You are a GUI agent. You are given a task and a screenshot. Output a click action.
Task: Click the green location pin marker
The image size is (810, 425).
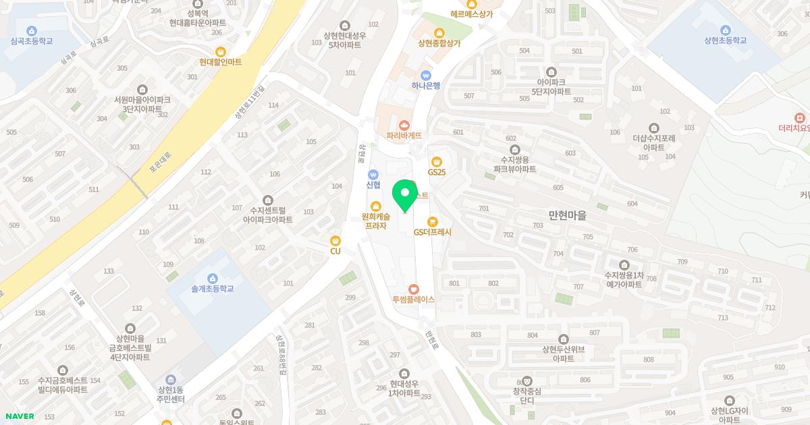[x=405, y=196]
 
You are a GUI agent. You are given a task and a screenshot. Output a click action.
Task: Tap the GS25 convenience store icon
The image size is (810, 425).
[x=437, y=161]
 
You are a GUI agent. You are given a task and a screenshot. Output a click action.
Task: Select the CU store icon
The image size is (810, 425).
[x=335, y=240]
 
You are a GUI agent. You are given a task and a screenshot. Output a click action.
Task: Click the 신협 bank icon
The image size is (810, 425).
[x=373, y=175]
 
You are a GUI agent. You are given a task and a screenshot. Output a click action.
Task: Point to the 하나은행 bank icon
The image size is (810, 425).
[x=425, y=75]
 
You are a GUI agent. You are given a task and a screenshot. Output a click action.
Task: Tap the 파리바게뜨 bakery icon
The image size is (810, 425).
[x=404, y=125]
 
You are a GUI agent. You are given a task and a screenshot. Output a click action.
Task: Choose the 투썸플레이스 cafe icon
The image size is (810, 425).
[x=414, y=288]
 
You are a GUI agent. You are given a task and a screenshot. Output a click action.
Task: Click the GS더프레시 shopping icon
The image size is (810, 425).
[x=433, y=221]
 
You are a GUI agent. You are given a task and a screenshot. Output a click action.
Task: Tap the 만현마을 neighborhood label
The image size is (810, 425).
[x=567, y=216]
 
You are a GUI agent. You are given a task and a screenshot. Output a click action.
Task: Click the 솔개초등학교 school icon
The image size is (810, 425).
[x=212, y=278]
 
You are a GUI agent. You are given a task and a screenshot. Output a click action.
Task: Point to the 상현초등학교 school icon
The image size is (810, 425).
[x=725, y=30]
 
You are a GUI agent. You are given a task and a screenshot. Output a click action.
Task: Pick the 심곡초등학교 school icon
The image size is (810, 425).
[x=31, y=30]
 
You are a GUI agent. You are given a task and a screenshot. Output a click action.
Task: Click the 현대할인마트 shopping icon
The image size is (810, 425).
[x=220, y=51]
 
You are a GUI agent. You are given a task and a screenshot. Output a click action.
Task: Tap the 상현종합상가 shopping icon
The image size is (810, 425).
[x=439, y=32]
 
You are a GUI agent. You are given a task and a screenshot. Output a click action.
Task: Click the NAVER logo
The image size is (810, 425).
[x=20, y=416]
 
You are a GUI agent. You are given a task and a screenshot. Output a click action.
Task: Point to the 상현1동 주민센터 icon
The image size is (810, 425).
[x=170, y=380]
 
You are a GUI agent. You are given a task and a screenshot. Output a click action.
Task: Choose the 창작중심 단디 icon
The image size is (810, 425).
[x=527, y=381]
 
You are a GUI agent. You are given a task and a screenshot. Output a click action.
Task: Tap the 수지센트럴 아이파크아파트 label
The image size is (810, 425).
[x=268, y=215]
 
